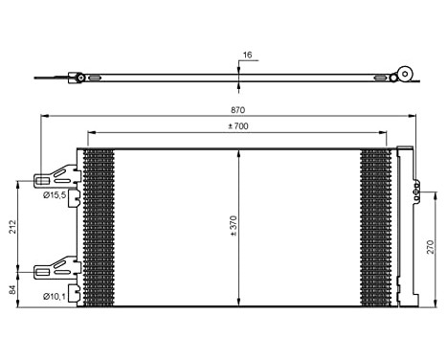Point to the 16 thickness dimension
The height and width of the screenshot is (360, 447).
point(246,56)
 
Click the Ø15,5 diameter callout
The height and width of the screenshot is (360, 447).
point(55,194)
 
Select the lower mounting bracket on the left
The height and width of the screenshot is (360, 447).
point(57,268)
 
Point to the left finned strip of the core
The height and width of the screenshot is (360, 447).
point(99,227)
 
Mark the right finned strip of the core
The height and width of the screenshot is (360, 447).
point(376,227)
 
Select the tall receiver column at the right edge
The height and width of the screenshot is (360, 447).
point(406,227)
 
